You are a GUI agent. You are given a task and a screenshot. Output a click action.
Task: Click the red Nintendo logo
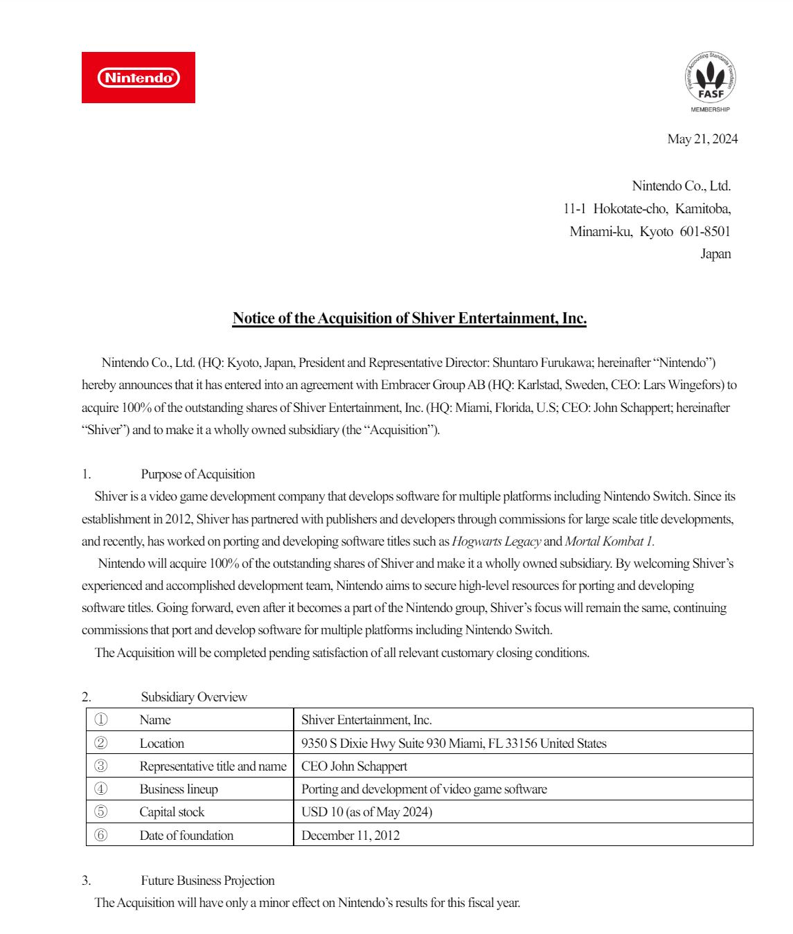pyautogui.click(x=139, y=78)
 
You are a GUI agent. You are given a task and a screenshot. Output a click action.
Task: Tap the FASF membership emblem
pyautogui.click(x=710, y=82)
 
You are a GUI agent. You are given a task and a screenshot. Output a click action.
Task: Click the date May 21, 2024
pyautogui.click(x=702, y=139)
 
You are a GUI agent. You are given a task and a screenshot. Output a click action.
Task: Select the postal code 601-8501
pyautogui.click(x=705, y=231)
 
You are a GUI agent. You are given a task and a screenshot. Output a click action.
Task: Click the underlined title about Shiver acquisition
pyautogui.click(x=409, y=318)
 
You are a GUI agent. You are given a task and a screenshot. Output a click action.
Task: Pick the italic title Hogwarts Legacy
pyautogui.click(x=496, y=541)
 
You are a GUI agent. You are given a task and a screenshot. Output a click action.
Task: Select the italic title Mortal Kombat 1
pyautogui.click(x=609, y=541)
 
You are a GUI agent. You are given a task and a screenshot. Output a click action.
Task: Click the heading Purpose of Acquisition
pyautogui.click(x=197, y=474)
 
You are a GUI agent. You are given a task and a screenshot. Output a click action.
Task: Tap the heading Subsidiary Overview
pyautogui.click(x=194, y=697)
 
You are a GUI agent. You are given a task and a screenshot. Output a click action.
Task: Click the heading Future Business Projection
pyautogui.click(x=208, y=881)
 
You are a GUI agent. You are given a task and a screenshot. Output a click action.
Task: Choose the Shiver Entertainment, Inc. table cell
pyautogui.click(x=366, y=720)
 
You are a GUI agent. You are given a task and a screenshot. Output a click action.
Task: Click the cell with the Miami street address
pyautogui.click(x=454, y=744)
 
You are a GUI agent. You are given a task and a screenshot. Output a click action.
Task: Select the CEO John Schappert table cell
pyautogui.click(x=354, y=766)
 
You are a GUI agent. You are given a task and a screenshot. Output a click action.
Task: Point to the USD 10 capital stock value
pyautogui.click(x=366, y=812)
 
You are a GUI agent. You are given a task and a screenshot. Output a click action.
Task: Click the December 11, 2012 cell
pyautogui.click(x=350, y=836)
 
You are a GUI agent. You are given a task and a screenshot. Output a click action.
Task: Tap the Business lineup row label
pyautogui.click(x=179, y=789)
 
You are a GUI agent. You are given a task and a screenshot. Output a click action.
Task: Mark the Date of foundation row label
pyautogui.click(x=186, y=836)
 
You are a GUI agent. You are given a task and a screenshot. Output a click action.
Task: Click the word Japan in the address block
pyautogui.click(x=715, y=254)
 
